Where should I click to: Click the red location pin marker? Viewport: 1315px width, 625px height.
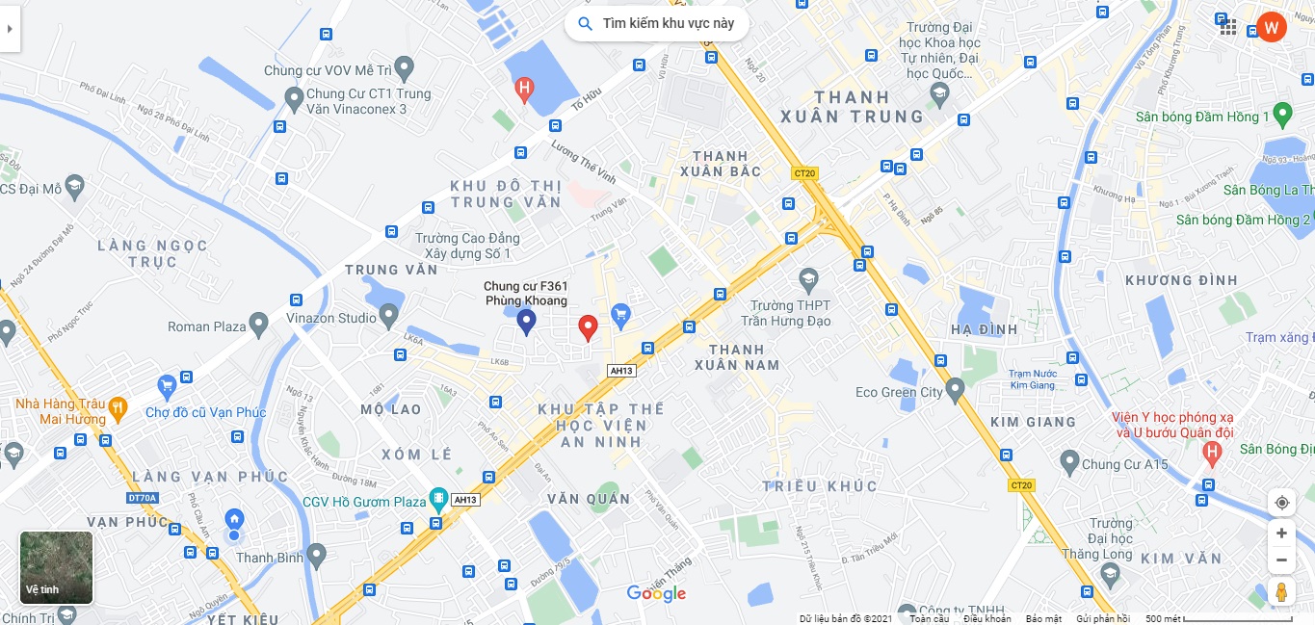(588, 327)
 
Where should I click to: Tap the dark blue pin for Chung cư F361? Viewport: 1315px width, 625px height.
(526, 322)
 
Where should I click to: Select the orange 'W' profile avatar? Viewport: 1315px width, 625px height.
(1271, 27)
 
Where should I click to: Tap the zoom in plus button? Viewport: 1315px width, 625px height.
(1280, 534)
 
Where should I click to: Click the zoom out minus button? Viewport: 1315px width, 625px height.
(1280, 560)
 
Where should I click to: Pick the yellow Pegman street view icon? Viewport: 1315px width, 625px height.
(1280, 592)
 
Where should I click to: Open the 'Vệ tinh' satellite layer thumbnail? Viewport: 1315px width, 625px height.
(57, 567)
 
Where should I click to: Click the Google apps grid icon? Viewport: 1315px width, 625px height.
(1228, 27)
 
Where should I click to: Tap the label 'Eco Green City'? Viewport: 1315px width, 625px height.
(899, 393)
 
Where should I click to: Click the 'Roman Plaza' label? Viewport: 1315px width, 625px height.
(207, 326)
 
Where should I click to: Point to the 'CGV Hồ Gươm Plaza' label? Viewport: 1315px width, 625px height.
(363, 502)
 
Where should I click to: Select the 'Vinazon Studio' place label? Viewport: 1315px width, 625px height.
(331, 318)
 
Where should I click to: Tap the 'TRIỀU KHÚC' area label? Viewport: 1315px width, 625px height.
(820, 486)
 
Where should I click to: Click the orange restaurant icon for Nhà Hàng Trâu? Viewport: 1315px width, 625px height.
(118, 406)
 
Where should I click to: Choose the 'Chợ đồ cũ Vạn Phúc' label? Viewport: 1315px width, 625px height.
(205, 413)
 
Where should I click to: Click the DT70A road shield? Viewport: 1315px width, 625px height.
(142, 498)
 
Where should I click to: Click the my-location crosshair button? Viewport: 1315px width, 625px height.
(1280, 503)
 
